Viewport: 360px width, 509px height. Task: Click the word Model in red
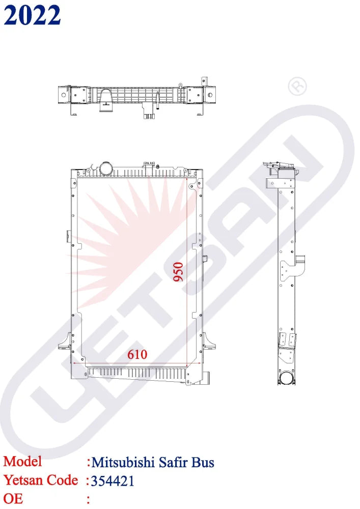pos(23,461)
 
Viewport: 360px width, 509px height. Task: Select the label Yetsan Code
pos(41,479)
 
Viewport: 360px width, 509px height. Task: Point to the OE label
pos(13,498)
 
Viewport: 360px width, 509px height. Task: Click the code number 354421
pos(113,480)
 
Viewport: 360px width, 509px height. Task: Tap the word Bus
pos(203,462)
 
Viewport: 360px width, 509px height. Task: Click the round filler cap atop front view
pos(106,167)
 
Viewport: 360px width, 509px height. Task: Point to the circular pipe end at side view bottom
pos(286,378)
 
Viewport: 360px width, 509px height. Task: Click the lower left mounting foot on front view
pos(65,346)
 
